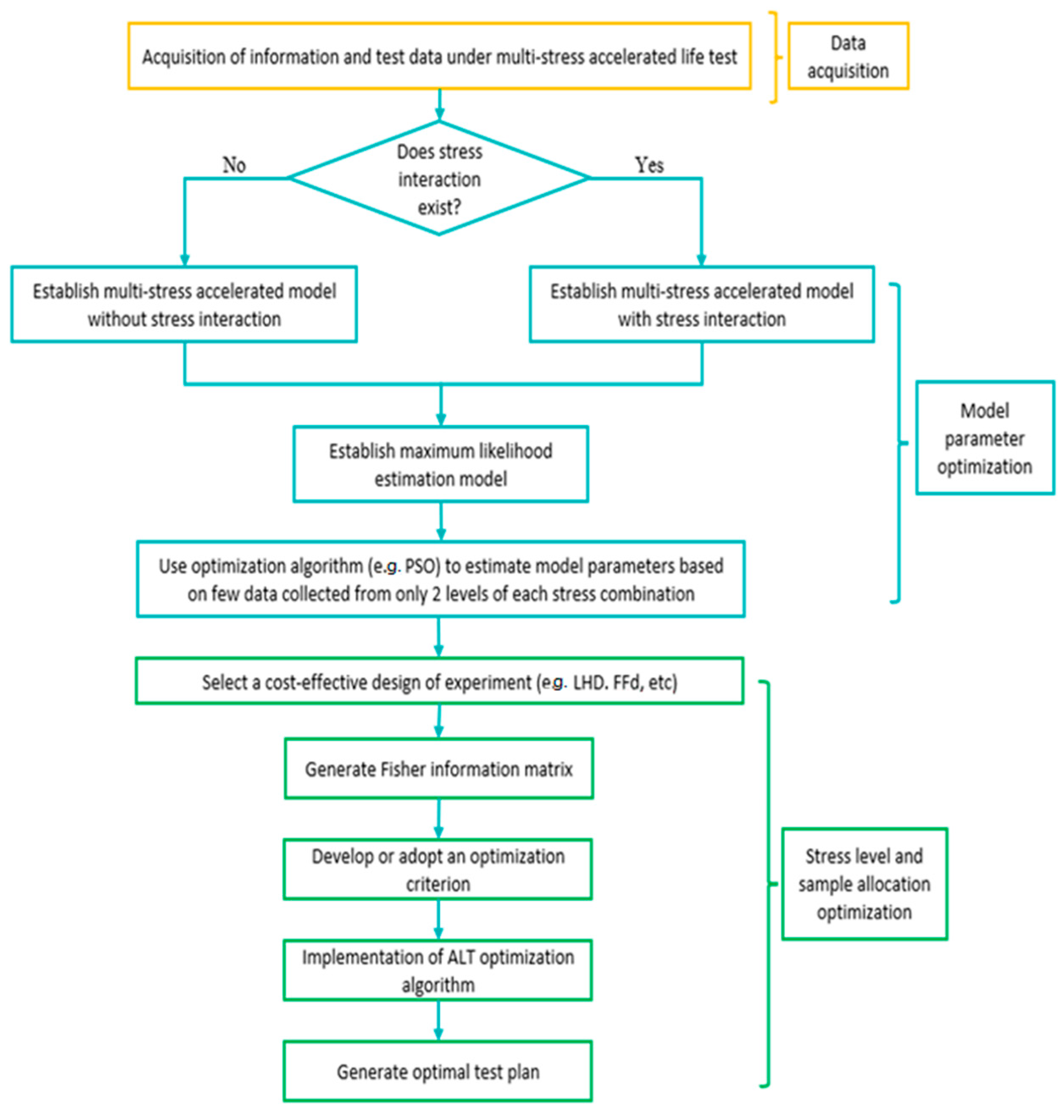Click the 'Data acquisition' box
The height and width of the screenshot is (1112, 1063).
[x=848, y=56]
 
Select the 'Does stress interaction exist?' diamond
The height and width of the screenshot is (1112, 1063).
[x=439, y=179]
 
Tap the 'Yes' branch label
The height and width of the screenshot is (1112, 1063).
[x=649, y=165]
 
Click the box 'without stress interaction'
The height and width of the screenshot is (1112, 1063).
[x=184, y=304]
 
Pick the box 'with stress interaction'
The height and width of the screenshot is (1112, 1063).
[x=701, y=304]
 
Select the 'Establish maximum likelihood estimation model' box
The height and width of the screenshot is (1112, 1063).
[x=440, y=464]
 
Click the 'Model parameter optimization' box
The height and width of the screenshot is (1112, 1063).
[x=984, y=438]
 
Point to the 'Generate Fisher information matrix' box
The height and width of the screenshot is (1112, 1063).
[x=439, y=769]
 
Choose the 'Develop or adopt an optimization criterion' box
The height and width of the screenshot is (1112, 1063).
[x=437, y=869]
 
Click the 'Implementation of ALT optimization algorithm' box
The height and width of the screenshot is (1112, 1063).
[x=437, y=970]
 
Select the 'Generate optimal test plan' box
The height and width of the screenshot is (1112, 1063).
[x=437, y=1071]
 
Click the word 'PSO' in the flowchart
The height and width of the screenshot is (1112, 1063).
[x=419, y=566]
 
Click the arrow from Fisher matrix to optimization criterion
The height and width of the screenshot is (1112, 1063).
[x=439, y=819]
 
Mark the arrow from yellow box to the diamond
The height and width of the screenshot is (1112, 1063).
[x=439, y=105]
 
